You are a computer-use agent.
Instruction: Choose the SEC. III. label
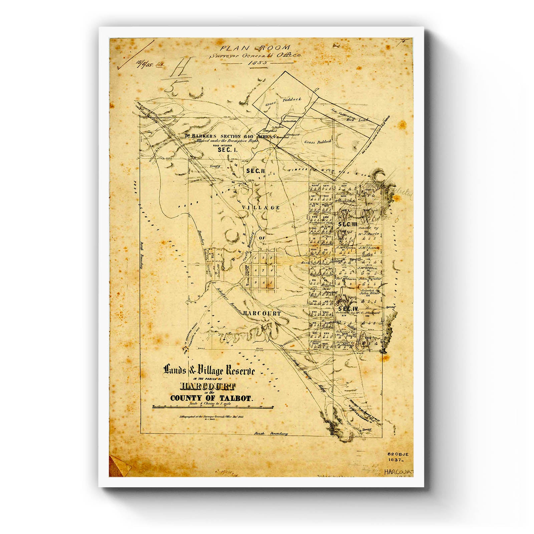click(348, 224)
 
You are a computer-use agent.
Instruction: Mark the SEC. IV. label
click(348, 308)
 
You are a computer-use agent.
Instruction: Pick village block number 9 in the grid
click(256, 282)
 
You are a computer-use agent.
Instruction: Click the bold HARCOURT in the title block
click(208, 387)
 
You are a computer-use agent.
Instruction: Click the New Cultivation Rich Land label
click(349, 115)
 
